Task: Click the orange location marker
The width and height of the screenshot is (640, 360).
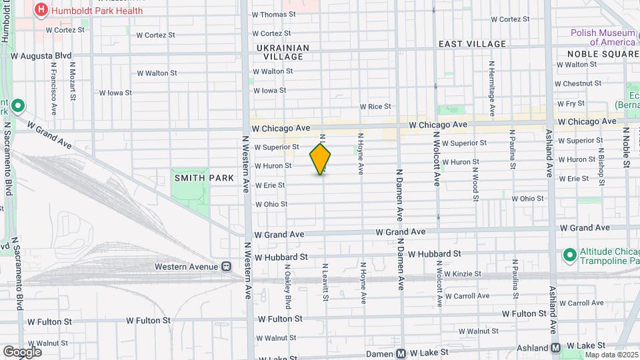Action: pos(320,159)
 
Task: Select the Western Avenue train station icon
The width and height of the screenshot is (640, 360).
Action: pos(227,267)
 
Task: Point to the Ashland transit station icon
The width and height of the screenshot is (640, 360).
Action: pos(555,347)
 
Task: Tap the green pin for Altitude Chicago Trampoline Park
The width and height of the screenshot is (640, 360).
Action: pos(569,255)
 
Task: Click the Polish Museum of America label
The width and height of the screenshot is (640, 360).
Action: pos(602,37)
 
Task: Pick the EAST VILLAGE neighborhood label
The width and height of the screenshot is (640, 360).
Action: pos(472,44)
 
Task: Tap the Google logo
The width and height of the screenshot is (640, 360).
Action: pos(22,351)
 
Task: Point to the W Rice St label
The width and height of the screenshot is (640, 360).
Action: pos(375,107)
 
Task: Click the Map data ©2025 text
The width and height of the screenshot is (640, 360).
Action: pos(611,355)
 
